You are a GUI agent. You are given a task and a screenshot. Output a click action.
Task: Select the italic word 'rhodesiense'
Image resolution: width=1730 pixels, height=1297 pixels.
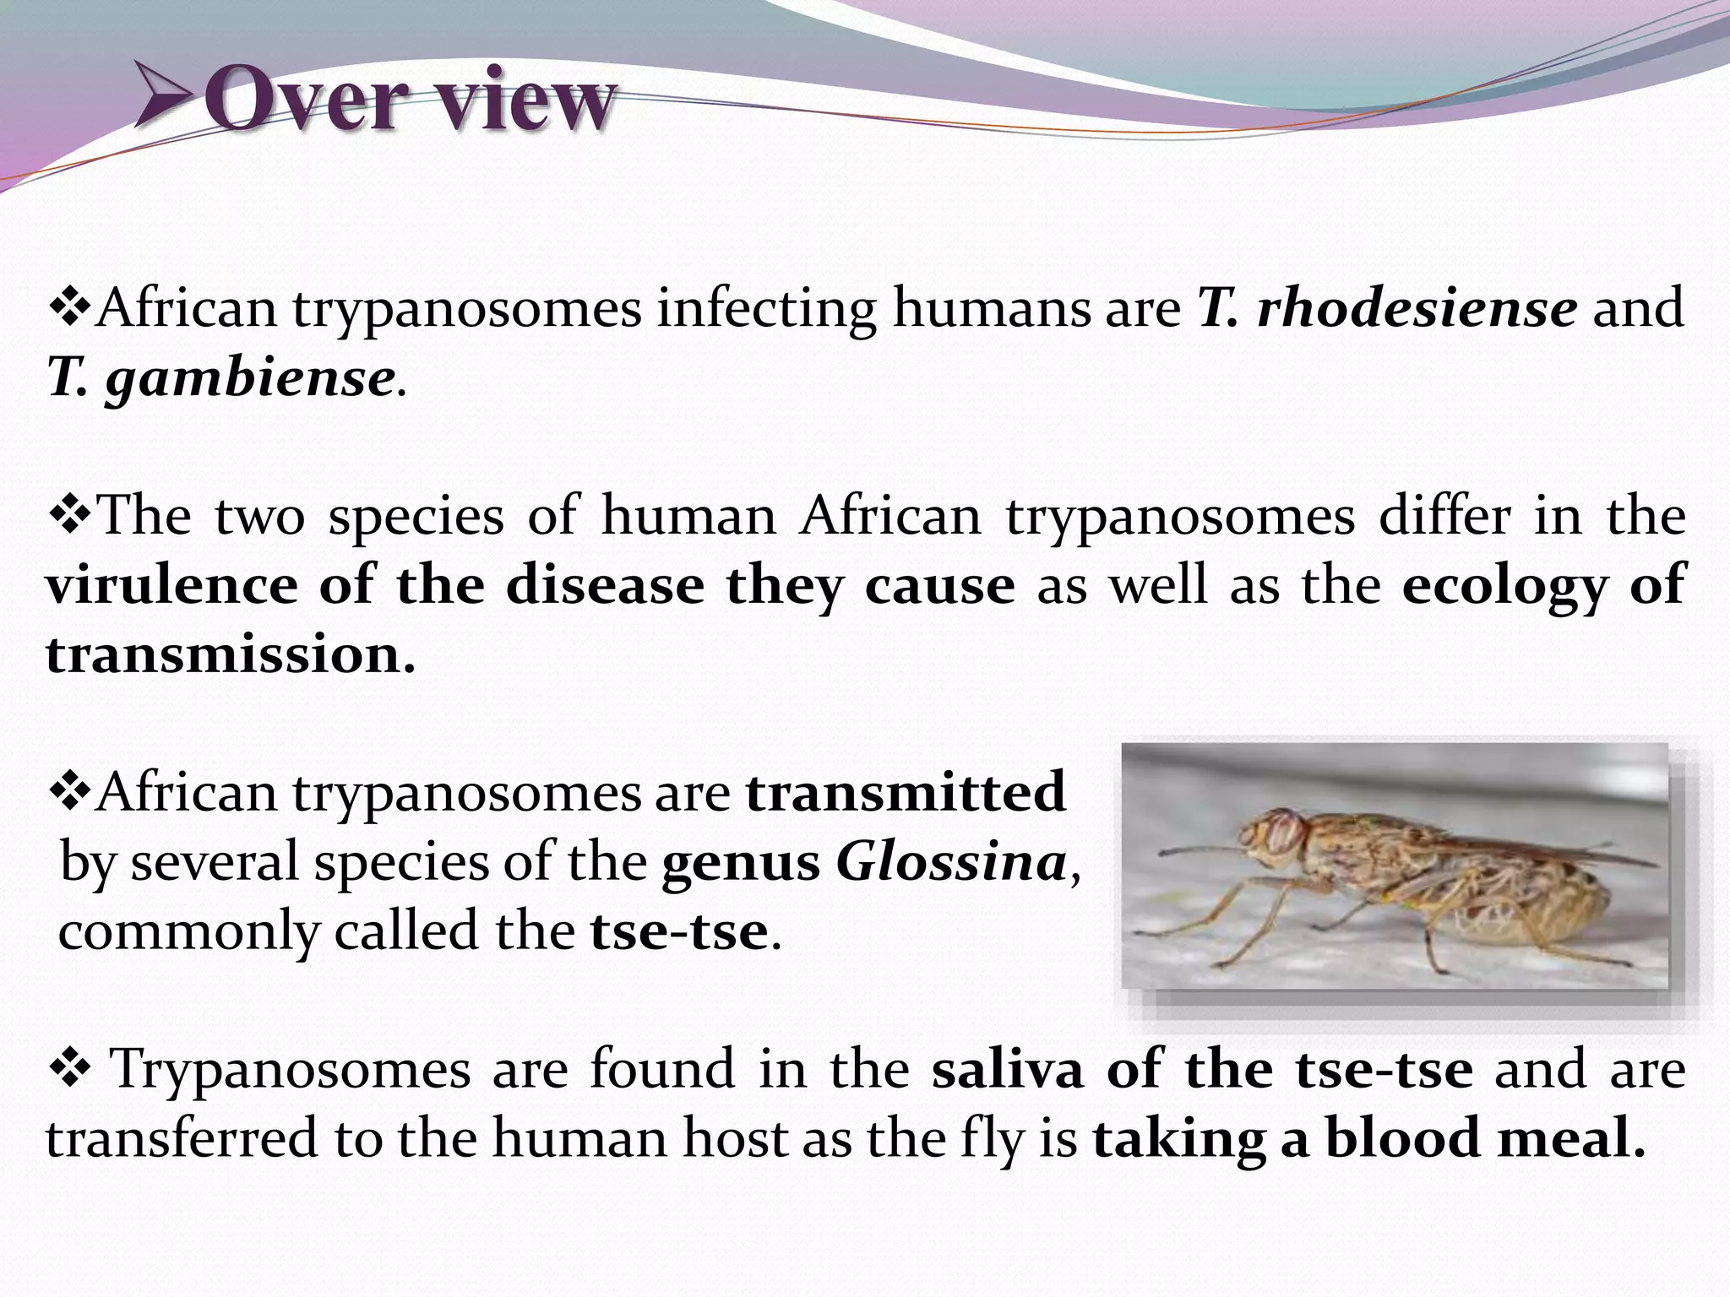(1417, 307)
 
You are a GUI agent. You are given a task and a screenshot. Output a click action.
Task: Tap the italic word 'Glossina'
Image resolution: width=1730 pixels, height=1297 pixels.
(950, 862)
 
